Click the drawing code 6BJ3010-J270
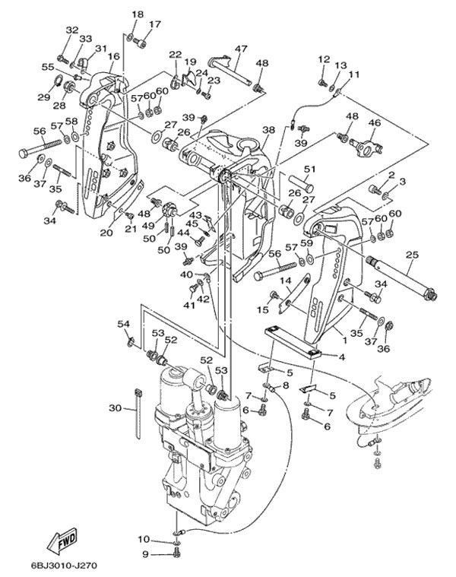[x=64, y=566]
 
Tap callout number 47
[x=241, y=49]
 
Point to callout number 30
[x=115, y=408]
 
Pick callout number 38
[x=268, y=130]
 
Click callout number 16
[x=113, y=56]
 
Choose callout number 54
[x=123, y=324]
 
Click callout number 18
[x=137, y=14]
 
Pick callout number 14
[x=287, y=281]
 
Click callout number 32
[x=72, y=30]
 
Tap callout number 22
[x=176, y=54]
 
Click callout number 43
[x=195, y=216]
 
